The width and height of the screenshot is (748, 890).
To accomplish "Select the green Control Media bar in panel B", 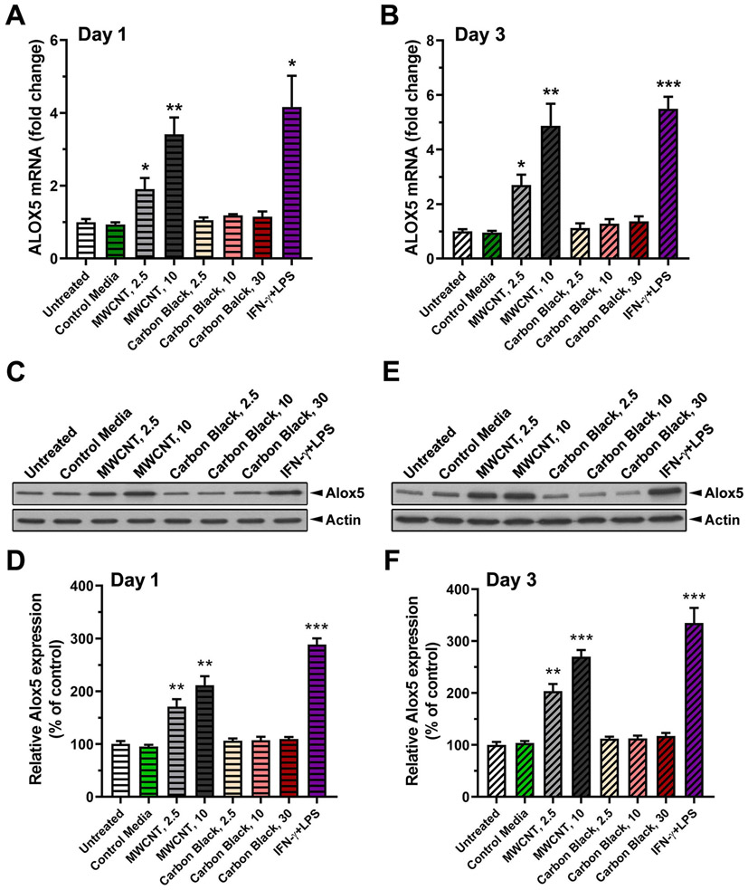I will point(489,245).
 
